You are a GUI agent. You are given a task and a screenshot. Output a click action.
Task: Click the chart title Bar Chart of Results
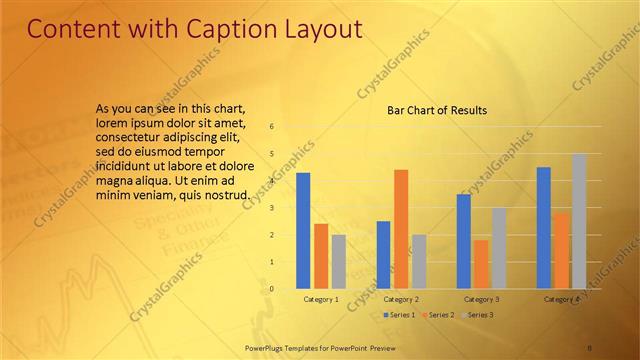point(437,110)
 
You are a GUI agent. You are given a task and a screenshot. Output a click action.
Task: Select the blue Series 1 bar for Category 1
point(303,230)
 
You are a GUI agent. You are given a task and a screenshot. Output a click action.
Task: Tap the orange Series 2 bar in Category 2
point(401,229)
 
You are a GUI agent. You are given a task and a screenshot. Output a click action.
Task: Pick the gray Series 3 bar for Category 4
point(579,221)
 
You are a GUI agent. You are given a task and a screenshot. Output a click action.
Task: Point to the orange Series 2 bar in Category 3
point(481,264)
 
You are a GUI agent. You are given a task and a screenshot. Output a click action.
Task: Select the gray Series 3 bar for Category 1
point(339,261)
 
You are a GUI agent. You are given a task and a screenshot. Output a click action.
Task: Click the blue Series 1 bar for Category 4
point(544,227)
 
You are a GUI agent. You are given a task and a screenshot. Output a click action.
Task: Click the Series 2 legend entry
point(437,315)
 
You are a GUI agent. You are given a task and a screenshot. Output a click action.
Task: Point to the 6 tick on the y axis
point(271,127)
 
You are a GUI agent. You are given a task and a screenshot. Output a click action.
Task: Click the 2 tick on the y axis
point(271,235)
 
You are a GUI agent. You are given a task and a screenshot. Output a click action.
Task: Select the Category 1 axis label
point(321,299)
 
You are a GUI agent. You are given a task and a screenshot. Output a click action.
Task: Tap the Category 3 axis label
point(481,299)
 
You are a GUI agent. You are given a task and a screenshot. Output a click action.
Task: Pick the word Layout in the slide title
point(318,29)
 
